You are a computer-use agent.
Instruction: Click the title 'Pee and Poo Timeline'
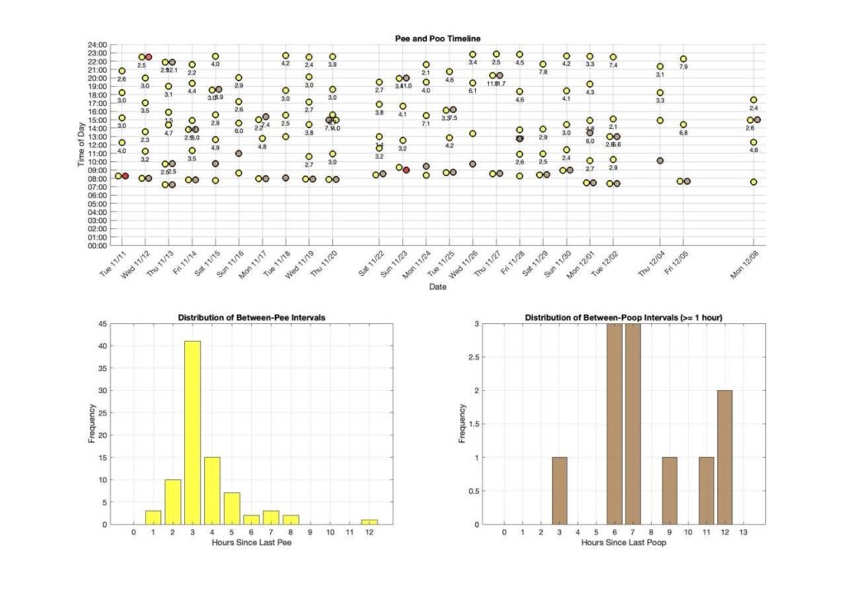pyautogui.click(x=437, y=38)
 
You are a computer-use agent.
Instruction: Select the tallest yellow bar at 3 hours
pyautogui.click(x=192, y=432)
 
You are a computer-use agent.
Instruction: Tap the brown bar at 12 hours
pyautogui.click(x=725, y=457)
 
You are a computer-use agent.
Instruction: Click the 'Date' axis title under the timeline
pyautogui.click(x=438, y=286)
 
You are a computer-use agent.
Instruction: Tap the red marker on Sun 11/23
pyautogui.click(x=406, y=169)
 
